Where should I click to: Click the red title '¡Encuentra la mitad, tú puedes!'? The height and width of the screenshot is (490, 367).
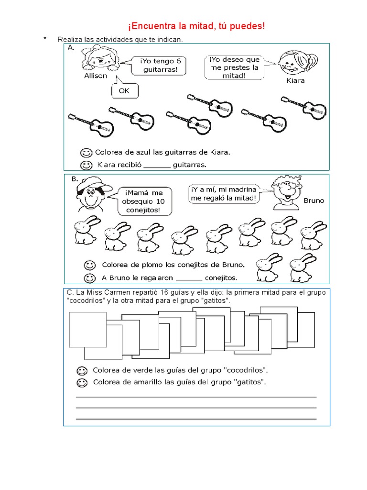[196, 26]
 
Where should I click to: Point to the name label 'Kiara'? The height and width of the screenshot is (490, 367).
[295, 80]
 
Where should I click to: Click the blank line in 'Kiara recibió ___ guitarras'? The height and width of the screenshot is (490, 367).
[156, 166]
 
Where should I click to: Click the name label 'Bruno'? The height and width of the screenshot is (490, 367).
[313, 200]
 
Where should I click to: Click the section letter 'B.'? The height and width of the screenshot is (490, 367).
[75, 178]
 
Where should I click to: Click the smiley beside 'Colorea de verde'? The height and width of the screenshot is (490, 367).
[82, 370]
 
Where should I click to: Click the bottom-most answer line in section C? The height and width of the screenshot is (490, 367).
[196, 419]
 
